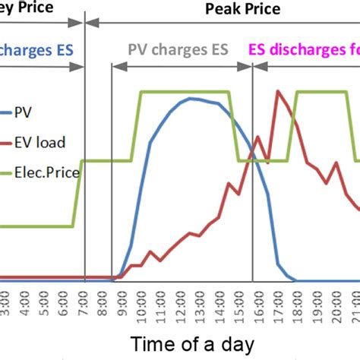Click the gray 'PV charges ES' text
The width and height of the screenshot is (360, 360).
click(x=180, y=51)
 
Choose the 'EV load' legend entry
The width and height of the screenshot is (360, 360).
click(x=44, y=142)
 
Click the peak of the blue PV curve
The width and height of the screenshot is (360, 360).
click(x=194, y=98)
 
